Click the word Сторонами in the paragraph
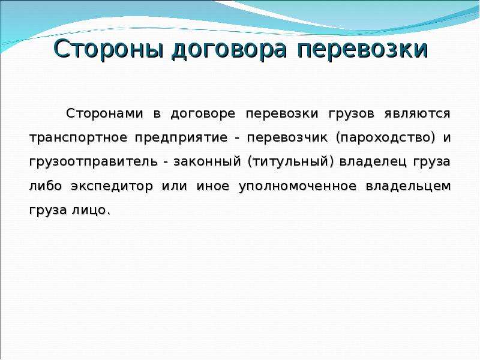pyautogui.click(x=104, y=113)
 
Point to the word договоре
pyautogui.click(x=203, y=114)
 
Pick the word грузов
pyautogui.click(x=352, y=115)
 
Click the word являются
pyautogui.click(x=418, y=114)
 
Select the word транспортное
pyautogui.click(x=79, y=139)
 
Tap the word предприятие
pyautogui.click(x=181, y=139)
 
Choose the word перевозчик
pyautogui.click(x=287, y=139)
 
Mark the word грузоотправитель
pyautogui.click(x=94, y=162)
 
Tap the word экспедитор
pyautogui.click(x=112, y=187)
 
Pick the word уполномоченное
pyautogui.click(x=298, y=187)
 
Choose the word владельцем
pyautogui.click(x=409, y=187)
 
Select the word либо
pyautogui.click(x=46, y=185)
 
